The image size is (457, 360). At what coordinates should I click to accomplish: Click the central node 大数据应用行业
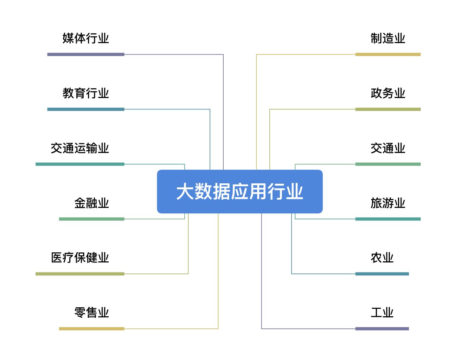click(240, 192)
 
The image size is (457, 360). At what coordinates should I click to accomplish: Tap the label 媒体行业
click(86, 39)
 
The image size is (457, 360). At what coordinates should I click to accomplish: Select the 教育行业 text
click(86, 93)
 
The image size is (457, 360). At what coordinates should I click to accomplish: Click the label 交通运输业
click(80, 148)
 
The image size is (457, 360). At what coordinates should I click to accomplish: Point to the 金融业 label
click(92, 203)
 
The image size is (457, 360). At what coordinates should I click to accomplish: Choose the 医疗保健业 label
click(80, 258)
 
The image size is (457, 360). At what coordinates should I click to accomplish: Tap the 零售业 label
click(92, 312)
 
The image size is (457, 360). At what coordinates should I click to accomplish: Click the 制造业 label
click(388, 39)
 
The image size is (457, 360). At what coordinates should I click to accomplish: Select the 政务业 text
click(388, 93)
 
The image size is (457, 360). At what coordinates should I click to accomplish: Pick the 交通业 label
click(388, 148)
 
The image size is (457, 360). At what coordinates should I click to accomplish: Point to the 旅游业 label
click(388, 203)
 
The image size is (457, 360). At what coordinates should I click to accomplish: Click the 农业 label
click(382, 258)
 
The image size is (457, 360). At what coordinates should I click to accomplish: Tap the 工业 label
click(382, 312)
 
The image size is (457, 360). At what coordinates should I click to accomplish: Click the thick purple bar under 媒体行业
click(86, 55)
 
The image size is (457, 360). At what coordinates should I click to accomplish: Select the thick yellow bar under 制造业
click(388, 55)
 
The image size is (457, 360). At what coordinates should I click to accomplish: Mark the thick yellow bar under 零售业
click(92, 329)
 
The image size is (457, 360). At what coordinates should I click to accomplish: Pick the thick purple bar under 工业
click(382, 329)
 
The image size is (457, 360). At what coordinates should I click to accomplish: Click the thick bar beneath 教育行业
click(86, 109)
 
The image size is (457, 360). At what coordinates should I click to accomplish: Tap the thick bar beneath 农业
click(382, 274)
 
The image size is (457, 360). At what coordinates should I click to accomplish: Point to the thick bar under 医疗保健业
click(80, 274)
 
